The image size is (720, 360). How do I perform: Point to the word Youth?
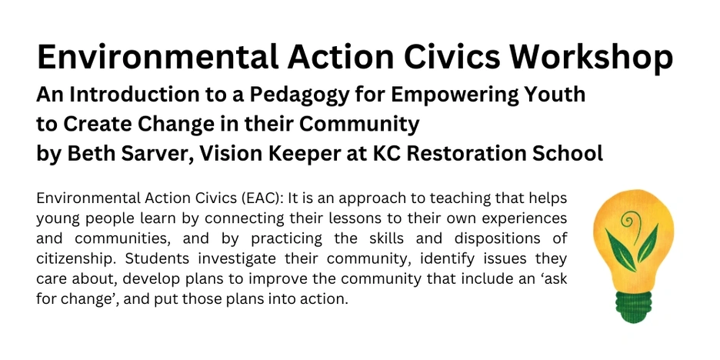[555, 94]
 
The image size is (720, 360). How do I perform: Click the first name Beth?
[88, 154]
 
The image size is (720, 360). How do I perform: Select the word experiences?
[522, 219]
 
